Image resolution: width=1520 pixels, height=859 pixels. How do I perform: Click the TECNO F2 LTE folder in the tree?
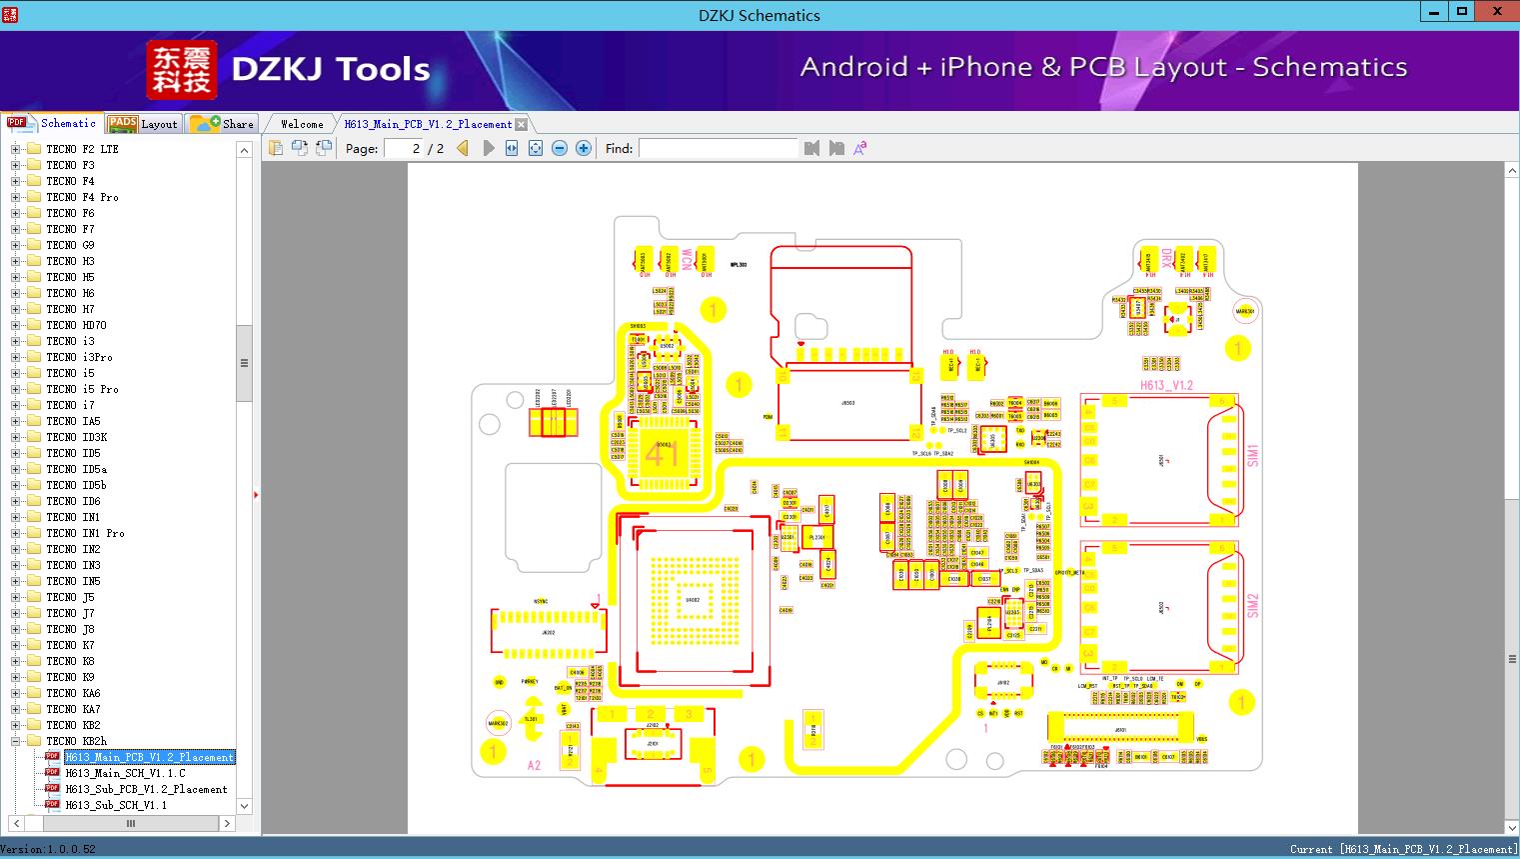(82, 149)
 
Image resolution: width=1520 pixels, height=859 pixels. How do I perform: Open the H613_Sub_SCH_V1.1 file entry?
(116, 805)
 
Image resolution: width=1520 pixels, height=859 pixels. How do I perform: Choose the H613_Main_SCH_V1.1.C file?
(125, 773)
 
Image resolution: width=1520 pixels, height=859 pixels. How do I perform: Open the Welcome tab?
(301, 124)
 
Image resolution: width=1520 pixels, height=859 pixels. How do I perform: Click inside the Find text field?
(718, 148)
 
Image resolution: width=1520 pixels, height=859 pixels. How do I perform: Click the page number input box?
(406, 148)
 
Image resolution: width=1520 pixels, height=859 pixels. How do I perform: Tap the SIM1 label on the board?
(1253, 455)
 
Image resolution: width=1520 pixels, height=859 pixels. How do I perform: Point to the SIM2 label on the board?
(1253, 605)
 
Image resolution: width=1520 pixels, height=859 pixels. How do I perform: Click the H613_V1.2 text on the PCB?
(1166, 385)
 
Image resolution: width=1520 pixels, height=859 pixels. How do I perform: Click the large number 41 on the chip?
(661, 455)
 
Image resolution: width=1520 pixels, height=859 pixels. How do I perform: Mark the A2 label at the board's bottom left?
(534, 765)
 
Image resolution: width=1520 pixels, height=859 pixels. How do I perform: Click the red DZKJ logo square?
(181, 70)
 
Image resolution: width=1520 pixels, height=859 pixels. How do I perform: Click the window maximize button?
(1462, 12)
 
